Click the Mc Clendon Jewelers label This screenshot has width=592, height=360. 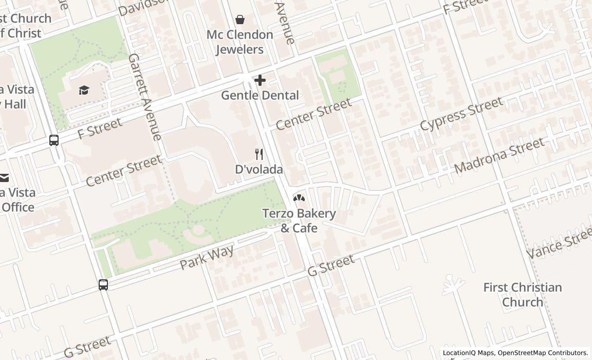(x=239, y=42)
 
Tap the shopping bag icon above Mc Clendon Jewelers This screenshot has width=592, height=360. (x=239, y=20)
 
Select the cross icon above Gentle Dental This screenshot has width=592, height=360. (x=260, y=80)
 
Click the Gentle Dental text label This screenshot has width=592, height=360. (x=260, y=95)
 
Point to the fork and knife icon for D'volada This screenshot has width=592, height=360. (x=260, y=154)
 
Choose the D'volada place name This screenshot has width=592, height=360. (x=259, y=169)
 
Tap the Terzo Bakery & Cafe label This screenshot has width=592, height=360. (x=299, y=221)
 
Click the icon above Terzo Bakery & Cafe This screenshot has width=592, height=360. (x=299, y=197)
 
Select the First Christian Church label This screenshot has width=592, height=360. (x=523, y=295)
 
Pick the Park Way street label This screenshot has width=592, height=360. (x=207, y=258)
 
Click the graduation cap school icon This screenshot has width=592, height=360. (x=84, y=91)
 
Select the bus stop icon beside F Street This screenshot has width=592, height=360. (x=54, y=140)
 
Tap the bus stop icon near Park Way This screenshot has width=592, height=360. (x=103, y=284)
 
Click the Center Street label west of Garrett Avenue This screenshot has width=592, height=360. (x=123, y=171)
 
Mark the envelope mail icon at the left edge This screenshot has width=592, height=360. (x=4, y=178)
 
